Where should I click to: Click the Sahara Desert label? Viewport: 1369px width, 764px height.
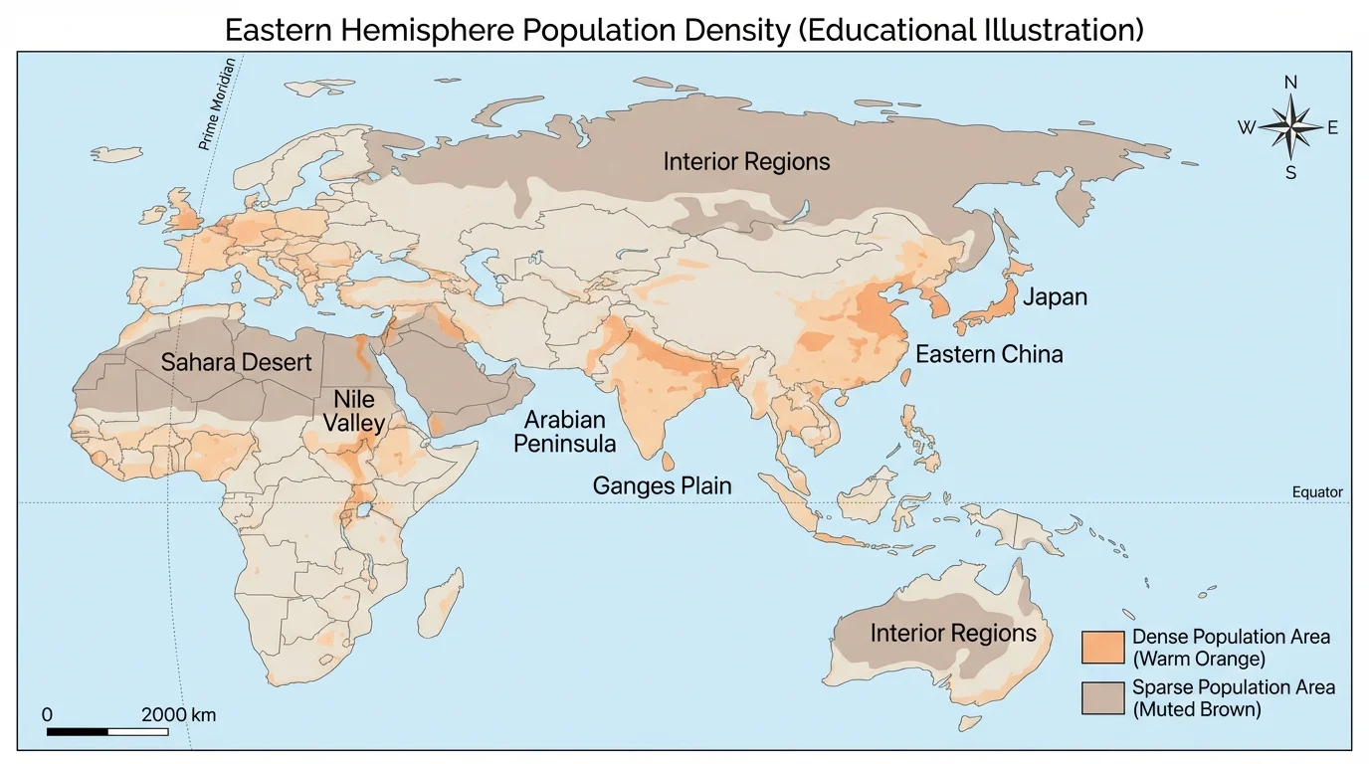pyautogui.click(x=237, y=362)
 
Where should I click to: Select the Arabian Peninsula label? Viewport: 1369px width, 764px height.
pyautogui.click(x=564, y=432)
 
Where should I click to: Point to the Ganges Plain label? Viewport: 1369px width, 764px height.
pyautogui.click(x=662, y=486)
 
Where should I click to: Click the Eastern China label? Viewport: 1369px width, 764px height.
pyautogui.click(x=989, y=354)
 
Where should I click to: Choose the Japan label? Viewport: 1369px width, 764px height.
pyautogui.click(x=1055, y=297)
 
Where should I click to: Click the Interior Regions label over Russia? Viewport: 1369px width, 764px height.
pyautogui.click(x=746, y=161)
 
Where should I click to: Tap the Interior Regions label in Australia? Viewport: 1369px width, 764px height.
pyautogui.click(x=952, y=634)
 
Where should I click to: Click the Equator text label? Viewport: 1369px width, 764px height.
pyautogui.click(x=1316, y=492)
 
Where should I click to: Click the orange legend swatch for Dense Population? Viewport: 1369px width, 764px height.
pyautogui.click(x=1102, y=647)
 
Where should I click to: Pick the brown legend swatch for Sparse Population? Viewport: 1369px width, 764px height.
pyautogui.click(x=1102, y=698)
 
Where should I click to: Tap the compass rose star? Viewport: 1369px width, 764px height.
pyautogui.click(x=1290, y=127)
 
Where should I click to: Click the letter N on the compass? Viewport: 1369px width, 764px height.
pyautogui.click(x=1290, y=83)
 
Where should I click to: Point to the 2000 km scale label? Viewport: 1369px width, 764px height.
pyautogui.click(x=178, y=715)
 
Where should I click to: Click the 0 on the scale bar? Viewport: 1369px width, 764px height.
pyautogui.click(x=48, y=715)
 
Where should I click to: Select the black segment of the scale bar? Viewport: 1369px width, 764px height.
pyautogui.click(x=78, y=732)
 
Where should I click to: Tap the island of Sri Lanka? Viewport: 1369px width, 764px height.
pyautogui.click(x=669, y=462)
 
